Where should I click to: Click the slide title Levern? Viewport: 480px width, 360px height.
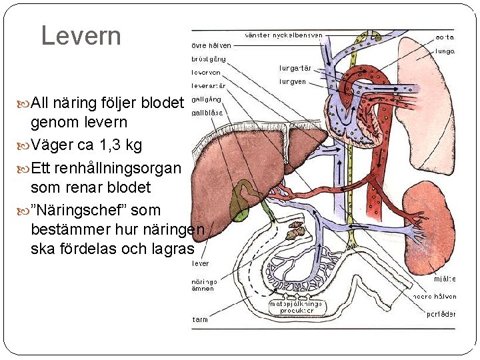pos(81,35)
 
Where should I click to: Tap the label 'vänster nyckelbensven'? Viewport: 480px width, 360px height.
pos(284,35)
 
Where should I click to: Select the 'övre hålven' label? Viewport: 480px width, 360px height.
pos(211,45)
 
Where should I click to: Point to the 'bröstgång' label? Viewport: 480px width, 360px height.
pos(209,59)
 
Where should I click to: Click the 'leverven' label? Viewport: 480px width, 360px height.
pos(206,72)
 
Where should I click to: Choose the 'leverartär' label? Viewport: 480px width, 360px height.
pos(208,85)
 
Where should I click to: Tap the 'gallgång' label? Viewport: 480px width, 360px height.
pos(206,99)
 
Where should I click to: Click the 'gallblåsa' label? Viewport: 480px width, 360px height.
pos(207,113)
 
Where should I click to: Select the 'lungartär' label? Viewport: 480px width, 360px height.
pos(295,68)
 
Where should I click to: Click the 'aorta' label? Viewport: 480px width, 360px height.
pos(445,37)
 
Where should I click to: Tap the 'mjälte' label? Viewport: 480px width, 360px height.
pos(445,280)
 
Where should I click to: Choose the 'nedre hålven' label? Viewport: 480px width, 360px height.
pos(439,297)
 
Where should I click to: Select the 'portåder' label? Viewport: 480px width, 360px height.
pos(441,314)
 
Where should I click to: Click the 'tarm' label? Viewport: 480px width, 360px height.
pos(200,320)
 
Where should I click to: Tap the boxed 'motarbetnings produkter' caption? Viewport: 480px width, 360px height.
pos(296,307)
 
